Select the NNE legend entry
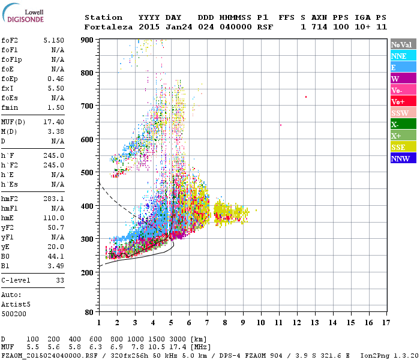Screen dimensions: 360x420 403,56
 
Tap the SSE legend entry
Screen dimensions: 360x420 403,147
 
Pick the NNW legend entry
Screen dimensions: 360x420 403,158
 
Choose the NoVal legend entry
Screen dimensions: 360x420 403,44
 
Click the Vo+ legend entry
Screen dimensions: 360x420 403,101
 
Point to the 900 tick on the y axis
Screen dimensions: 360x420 88,40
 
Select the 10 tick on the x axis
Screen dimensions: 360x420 260,323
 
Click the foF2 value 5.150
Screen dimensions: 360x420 54,40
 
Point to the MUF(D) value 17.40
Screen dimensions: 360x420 54,122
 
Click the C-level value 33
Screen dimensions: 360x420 60,280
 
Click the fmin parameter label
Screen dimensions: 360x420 10,107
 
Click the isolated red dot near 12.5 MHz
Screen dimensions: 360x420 306,97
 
